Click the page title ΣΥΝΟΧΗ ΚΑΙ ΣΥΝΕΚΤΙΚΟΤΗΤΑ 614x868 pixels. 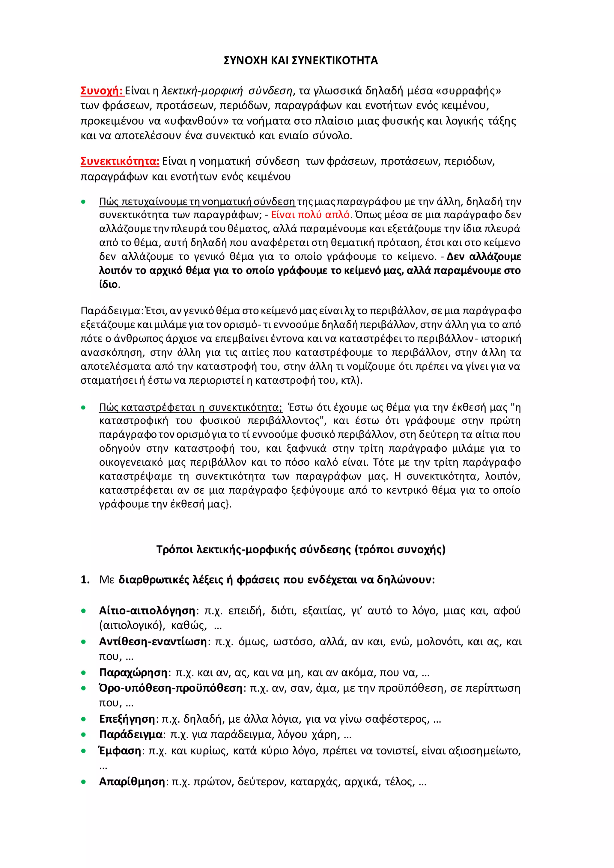301,61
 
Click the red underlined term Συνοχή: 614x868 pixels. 101,91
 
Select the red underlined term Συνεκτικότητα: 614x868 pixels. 120,162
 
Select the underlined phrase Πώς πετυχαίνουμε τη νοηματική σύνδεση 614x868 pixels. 197,201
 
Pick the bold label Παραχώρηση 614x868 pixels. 133,673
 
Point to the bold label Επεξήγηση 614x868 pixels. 127,719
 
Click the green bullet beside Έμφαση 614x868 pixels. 84,751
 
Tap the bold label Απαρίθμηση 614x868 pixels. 132,781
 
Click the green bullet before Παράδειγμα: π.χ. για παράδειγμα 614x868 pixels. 84,735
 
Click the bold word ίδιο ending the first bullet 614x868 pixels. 109,284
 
